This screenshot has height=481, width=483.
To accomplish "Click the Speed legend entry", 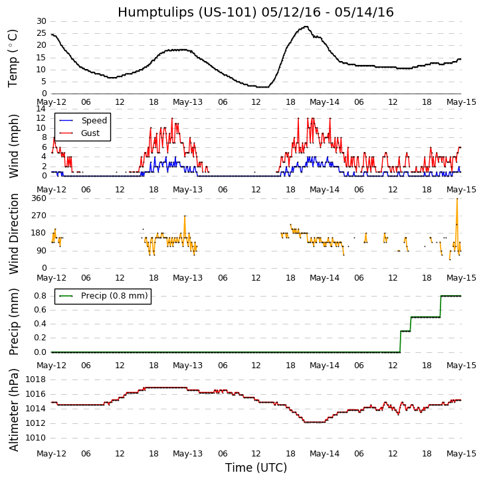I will pyautogui.click(x=94, y=121).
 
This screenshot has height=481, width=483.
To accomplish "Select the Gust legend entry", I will pyautogui.click(x=90, y=133).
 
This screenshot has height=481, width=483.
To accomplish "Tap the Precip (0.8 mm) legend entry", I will pyautogui.click(x=112, y=296).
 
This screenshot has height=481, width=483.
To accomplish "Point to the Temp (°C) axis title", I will pyautogui.click(x=13, y=58).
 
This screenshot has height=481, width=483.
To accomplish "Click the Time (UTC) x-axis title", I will pyautogui.click(x=256, y=468).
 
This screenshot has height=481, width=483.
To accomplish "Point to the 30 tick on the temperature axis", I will pyautogui.click(x=41, y=21).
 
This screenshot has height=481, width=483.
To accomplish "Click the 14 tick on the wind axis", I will pyautogui.click(x=41, y=109).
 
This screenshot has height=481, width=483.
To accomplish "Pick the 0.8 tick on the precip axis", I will pyautogui.click(x=40, y=296).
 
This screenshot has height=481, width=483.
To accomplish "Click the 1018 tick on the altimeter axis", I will pyautogui.click(x=36, y=379).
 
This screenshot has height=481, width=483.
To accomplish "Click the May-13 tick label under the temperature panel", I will pyautogui.click(x=188, y=102).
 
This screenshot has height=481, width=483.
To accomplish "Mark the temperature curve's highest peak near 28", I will pyautogui.click(x=306, y=27).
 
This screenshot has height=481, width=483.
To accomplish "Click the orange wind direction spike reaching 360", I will pyautogui.click(x=457, y=199).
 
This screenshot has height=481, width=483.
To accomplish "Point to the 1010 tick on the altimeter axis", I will pyautogui.click(x=36, y=438).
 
